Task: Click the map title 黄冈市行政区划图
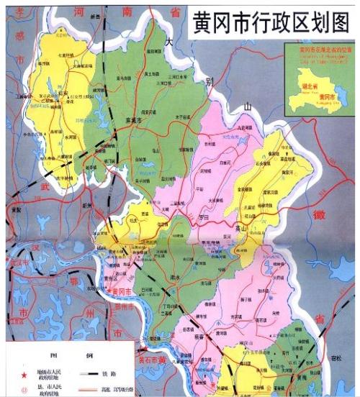271,24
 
